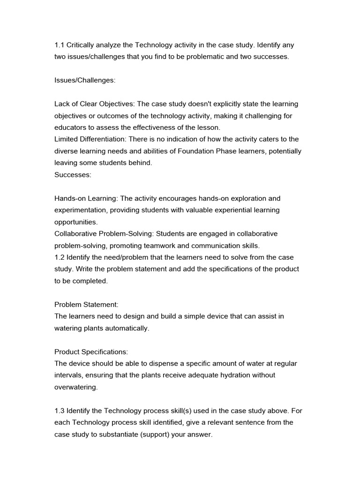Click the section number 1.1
tap(60, 45)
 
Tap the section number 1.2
tap(60, 257)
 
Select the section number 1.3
tap(60, 411)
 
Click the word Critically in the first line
tap(82, 45)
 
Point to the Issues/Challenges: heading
tap(85, 80)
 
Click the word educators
tap(71, 127)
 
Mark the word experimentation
tap(81, 210)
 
